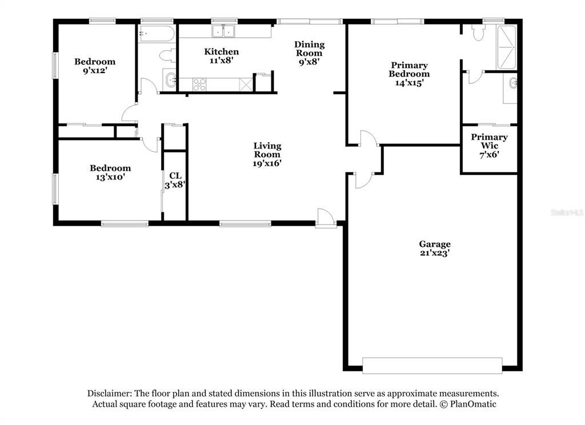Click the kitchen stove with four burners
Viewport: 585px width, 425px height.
[x=199, y=85]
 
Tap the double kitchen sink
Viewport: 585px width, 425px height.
[x=224, y=31]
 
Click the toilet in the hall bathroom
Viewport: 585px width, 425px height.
[x=166, y=56]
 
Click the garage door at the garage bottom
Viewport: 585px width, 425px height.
[x=432, y=365]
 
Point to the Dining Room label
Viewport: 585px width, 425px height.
[x=309, y=49]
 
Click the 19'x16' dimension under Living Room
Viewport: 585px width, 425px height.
[x=267, y=163]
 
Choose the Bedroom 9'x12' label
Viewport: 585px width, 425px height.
[x=95, y=66]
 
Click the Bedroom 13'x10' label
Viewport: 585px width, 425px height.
[x=110, y=173]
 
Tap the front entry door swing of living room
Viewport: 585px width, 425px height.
[x=325, y=217]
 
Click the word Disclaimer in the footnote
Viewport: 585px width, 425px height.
[x=109, y=393]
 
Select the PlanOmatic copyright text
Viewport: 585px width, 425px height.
[x=467, y=404]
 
